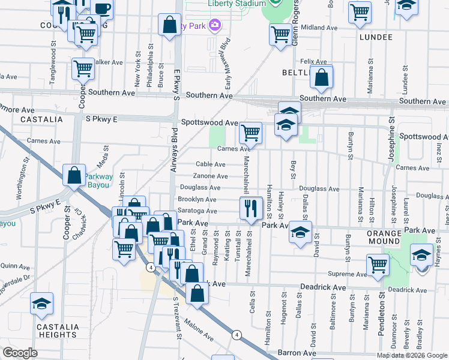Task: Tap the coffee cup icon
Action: point(102,8)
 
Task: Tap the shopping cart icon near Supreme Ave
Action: point(378,265)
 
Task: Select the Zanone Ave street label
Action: point(210,176)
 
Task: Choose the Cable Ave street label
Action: point(211,164)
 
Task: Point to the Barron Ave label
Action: point(297,353)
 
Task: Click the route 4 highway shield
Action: point(238,335)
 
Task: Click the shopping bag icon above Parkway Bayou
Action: point(74,175)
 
